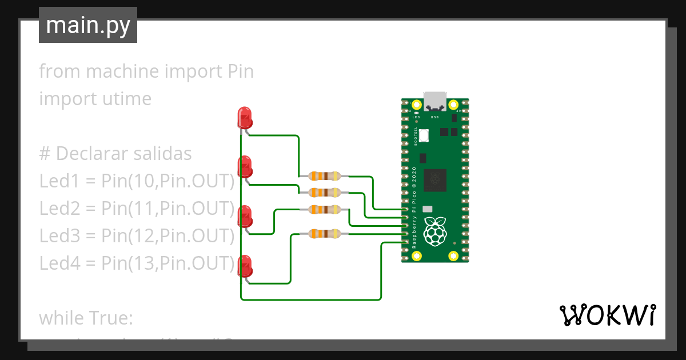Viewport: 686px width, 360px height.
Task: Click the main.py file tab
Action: click(x=87, y=26)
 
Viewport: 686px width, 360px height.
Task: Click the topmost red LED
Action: click(x=244, y=118)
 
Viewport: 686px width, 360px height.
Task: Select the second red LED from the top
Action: click(x=244, y=167)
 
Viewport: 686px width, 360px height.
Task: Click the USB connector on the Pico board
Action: click(x=435, y=101)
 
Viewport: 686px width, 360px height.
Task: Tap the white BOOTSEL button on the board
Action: click(x=424, y=136)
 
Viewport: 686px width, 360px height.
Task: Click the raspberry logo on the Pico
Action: click(x=436, y=231)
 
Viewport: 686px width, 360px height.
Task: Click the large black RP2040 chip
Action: click(x=435, y=181)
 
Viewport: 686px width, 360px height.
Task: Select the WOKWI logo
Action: click(x=607, y=315)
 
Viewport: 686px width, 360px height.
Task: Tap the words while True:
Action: click(x=86, y=318)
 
